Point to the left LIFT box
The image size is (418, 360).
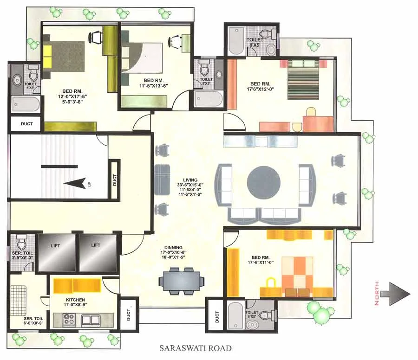pos(57,252)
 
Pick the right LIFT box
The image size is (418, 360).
pos(98,252)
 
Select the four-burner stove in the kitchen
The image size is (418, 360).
pos(70,320)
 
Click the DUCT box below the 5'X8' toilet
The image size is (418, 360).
pos(26,124)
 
